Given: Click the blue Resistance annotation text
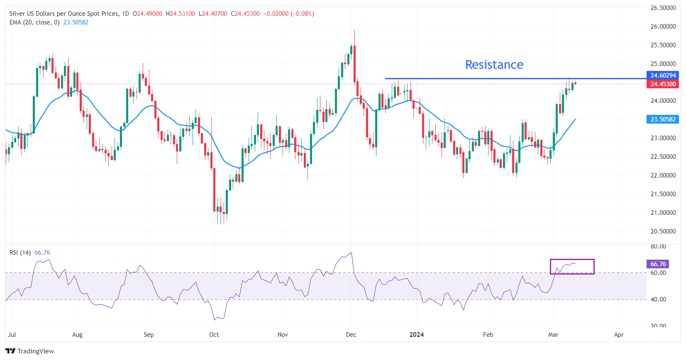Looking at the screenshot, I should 494,65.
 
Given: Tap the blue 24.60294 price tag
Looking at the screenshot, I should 663,75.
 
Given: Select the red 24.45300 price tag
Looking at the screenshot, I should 663,84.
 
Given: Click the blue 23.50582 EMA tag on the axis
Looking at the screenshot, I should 663,119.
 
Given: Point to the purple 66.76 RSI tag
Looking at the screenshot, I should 658,264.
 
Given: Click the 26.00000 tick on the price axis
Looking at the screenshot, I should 663,26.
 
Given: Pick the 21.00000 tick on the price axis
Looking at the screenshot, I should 663,212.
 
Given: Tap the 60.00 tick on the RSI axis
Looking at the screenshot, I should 658,272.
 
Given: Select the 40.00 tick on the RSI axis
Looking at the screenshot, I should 658,299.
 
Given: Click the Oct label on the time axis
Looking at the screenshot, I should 214,334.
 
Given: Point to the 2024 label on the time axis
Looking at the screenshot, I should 416,334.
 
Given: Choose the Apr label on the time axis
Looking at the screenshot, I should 618,334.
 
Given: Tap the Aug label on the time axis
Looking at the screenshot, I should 77,334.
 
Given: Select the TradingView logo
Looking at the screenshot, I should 30,351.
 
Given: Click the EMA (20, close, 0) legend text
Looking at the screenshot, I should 34,22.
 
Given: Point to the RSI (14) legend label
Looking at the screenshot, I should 20,252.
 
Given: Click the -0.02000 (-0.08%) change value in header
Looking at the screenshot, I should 288,14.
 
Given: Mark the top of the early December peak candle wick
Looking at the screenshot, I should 354,29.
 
